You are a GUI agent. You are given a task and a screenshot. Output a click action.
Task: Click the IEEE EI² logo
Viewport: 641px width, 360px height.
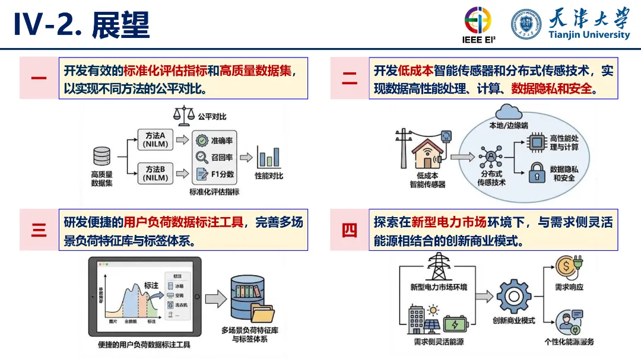point(478,24)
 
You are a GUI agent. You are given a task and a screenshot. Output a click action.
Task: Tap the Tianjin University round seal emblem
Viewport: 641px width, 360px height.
point(526,24)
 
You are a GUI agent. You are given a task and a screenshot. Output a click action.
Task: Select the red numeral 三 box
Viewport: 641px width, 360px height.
point(39,230)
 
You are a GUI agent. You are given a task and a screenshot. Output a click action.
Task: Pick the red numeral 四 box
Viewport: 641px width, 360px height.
point(350,230)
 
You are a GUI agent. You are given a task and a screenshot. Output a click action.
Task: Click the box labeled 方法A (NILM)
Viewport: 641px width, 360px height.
point(156,139)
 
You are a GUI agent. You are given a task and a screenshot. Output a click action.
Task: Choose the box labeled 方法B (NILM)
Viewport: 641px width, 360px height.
point(156,173)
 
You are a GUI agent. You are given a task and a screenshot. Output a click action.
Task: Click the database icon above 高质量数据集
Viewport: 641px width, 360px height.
point(101,157)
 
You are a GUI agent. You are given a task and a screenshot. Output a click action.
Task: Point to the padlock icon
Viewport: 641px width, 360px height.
point(537,172)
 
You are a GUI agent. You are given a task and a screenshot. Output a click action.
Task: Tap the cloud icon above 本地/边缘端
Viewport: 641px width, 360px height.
point(508,111)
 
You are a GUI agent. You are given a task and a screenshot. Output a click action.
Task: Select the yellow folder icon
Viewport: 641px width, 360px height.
point(262,314)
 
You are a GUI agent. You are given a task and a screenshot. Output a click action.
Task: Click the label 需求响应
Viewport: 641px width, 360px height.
point(569,287)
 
